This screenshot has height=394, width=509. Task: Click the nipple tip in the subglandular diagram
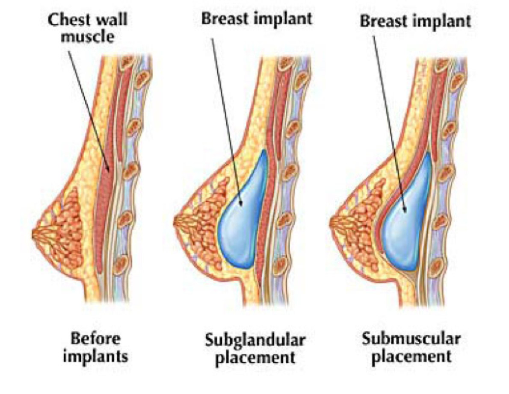click(x=176, y=221)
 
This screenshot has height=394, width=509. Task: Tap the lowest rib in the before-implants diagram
click(x=123, y=262)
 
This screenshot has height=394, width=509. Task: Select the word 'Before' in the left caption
click(x=95, y=339)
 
